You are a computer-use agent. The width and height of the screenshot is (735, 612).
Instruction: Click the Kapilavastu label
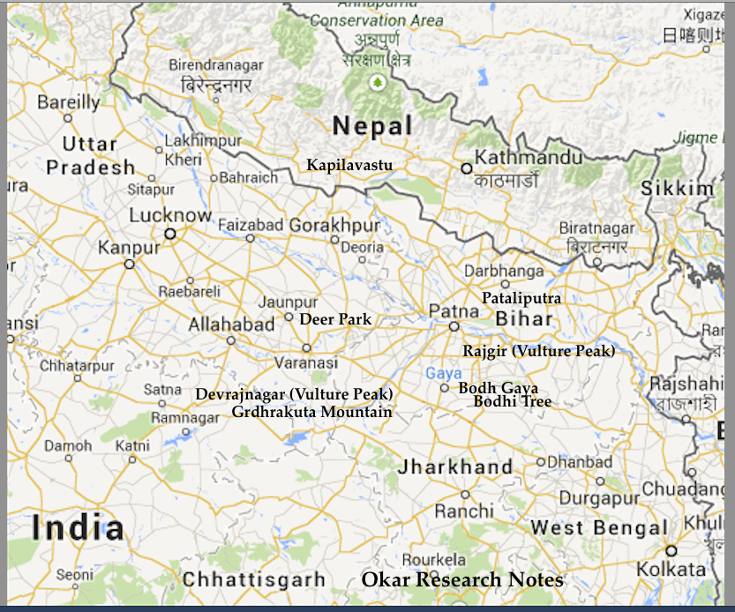349,165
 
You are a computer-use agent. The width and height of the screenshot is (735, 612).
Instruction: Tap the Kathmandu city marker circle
467,168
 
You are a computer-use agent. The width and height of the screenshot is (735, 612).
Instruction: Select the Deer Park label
335,319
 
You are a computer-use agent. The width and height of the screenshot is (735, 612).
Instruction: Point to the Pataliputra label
521,298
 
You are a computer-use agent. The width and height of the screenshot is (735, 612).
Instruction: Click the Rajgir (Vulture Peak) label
538,351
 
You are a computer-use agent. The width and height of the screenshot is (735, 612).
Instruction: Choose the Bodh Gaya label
498,388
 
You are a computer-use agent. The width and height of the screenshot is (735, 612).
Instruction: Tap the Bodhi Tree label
513,402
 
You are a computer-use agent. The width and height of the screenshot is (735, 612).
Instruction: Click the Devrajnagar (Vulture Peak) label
294,394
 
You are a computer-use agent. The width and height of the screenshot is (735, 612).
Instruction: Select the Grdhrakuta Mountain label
311,412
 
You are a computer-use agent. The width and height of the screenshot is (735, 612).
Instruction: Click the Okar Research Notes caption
462,579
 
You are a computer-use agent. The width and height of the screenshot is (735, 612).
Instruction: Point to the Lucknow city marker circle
170,234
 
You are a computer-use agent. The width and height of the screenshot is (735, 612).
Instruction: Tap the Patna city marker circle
454,325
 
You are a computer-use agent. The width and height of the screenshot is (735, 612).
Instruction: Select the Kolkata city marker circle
671,550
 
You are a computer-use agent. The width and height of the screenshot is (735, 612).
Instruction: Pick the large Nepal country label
372,126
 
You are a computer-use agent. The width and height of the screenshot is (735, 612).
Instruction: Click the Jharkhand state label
454,467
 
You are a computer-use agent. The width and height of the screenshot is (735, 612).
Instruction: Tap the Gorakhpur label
334,225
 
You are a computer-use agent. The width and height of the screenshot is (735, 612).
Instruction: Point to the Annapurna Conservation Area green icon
378,83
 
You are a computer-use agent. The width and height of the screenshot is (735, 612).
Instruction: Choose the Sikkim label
677,189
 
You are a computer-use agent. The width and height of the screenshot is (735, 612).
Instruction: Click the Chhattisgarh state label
254,580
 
